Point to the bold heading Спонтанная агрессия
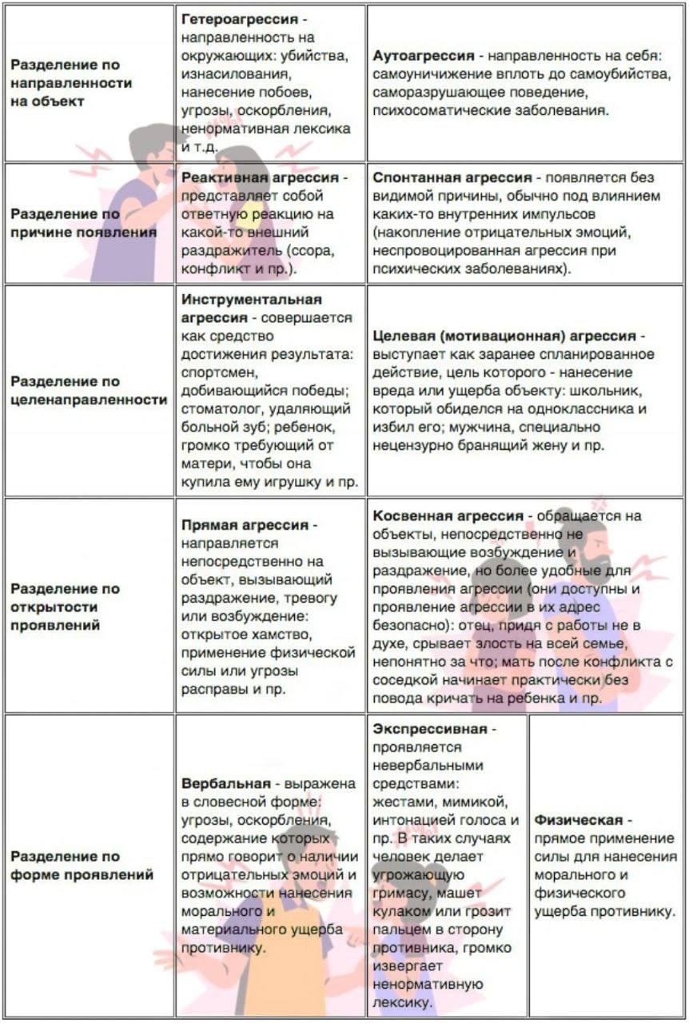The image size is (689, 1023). click(452, 177)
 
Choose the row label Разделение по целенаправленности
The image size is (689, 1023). click(89, 391)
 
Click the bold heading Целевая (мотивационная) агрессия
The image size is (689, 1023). click(505, 336)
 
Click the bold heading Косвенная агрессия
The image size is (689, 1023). click(448, 515)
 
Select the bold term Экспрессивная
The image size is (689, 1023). click(429, 729)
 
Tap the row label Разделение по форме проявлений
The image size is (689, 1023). click(82, 866)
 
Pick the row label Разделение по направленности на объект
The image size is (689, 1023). click(71, 83)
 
